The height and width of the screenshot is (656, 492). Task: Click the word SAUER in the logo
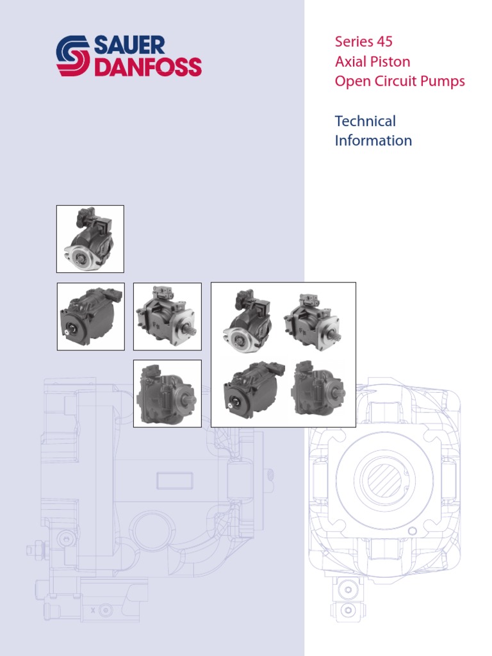[129, 45]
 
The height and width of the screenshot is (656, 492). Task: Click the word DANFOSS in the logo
[148, 67]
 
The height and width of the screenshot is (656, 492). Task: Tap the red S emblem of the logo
[74, 56]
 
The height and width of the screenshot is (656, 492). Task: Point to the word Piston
[390, 62]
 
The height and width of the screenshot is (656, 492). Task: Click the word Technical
[365, 121]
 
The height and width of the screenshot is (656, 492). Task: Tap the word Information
[373, 141]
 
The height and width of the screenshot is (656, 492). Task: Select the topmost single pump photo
[90, 238]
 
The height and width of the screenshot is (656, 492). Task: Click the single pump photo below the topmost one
[90, 316]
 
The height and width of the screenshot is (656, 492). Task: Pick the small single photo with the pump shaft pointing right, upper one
[167, 316]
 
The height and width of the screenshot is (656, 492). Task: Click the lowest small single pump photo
[167, 393]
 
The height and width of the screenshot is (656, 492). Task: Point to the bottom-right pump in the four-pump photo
[318, 389]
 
